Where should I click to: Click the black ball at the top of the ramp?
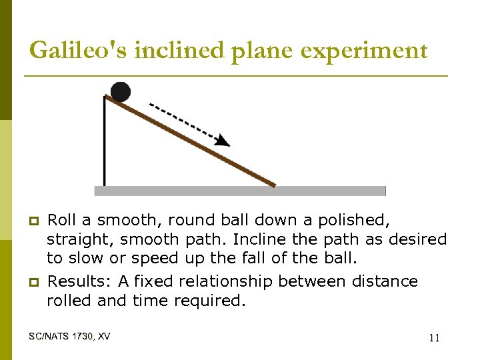[120, 91]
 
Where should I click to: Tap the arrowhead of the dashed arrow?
[223, 140]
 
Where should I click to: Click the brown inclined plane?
[193, 142]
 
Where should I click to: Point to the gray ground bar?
[240, 191]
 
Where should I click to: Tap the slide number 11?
[434, 338]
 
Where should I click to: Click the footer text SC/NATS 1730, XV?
[70, 336]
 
